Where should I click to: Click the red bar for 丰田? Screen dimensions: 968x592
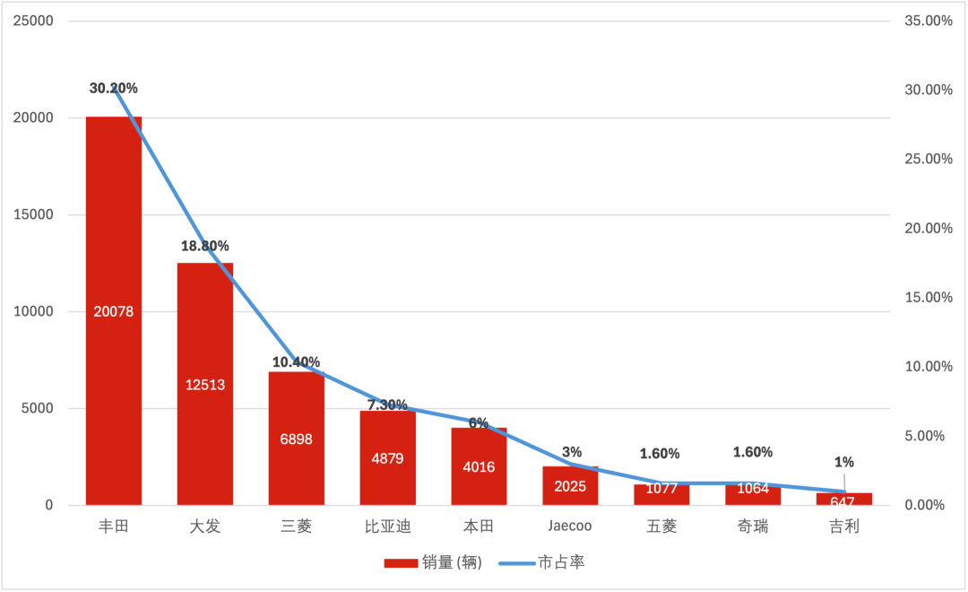pyautogui.click(x=114, y=311)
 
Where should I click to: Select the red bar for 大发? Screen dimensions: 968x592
pyautogui.click(x=205, y=384)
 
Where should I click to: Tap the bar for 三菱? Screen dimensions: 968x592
pyautogui.click(x=297, y=439)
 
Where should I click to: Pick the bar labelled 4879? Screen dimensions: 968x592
pyautogui.click(x=388, y=458)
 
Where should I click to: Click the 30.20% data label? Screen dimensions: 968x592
pyautogui.click(x=114, y=89)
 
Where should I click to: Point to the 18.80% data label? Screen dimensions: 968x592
pyautogui.click(x=205, y=246)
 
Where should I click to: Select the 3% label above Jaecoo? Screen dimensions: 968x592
pyautogui.click(x=572, y=452)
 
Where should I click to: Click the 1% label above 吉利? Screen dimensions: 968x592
pyautogui.click(x=844, y=462)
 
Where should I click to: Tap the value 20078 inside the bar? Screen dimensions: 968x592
pyautogui.click(x=114, y=311)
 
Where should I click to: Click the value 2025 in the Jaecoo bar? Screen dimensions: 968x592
pyautogui.click(x=570, y=486)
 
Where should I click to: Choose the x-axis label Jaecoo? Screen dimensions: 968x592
pyautogui.click(x=570, y=526)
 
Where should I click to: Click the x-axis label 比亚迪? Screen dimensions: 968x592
pyautogui.click(x=388, y=527)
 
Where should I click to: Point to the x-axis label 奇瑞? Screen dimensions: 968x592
pyautogui.click(x=753, y=527)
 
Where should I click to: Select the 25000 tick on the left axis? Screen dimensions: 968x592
pyautogui.click(x=33, y=21)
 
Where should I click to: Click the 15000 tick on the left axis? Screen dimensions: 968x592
pyautogui.click(x=33, y=214)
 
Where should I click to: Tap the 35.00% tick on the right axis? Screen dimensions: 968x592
pyautogui.click(x=929, y=21)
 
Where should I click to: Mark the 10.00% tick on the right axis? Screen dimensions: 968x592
pyautogui.click(x=929, y=367)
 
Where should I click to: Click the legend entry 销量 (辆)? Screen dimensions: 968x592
pyautogui.click(x=433, y=562)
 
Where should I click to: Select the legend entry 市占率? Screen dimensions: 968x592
pyautogui.click(x=541, y=562)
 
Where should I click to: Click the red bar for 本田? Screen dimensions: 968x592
pyautogui.click(x=479, y=466)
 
